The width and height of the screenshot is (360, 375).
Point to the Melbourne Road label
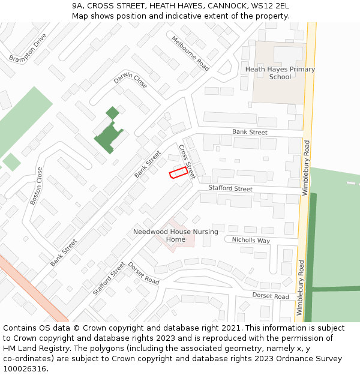[190, 53]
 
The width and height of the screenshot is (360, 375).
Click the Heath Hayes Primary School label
[280, 73]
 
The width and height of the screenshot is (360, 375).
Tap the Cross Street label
[187, 161]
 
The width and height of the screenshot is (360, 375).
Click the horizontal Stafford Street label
[230, 188]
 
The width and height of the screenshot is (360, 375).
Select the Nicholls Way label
[251, 240]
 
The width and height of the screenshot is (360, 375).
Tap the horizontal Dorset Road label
[271, 296]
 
